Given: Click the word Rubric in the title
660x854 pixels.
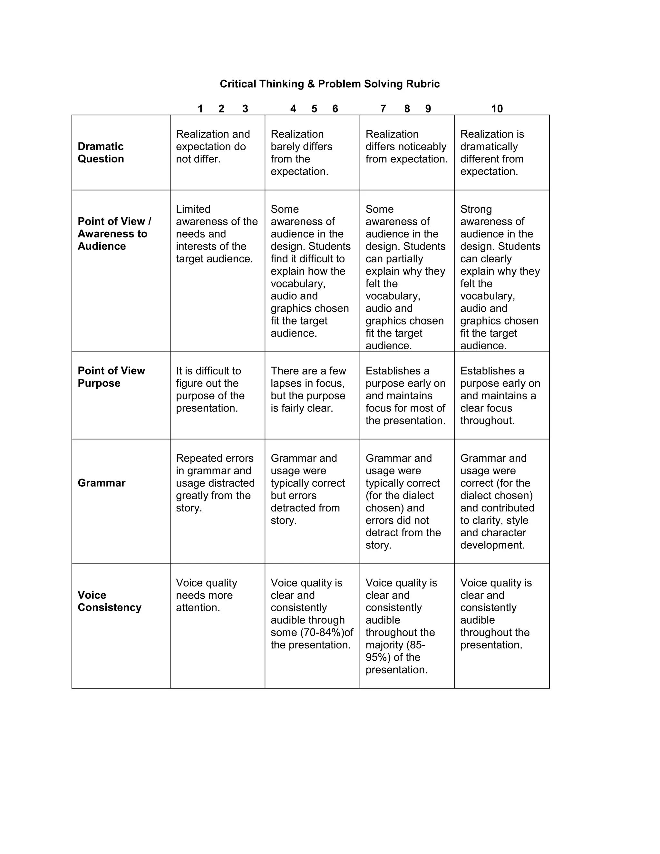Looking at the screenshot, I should pos(423,84).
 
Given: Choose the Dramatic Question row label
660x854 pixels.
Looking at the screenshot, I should pos(101,152).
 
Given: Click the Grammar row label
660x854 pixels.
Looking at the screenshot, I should pos(101,483).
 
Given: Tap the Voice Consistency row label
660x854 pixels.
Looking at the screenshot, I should pos(109,601).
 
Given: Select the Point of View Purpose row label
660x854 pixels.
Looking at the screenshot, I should pos(111,377).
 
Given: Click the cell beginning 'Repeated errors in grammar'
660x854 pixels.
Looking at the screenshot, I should pos(215,483).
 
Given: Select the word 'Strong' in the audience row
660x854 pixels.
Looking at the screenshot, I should pos(476,209).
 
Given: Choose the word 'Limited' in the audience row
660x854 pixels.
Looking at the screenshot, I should pos(193,209).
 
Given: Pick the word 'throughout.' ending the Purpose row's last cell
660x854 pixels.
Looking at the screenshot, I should pos(487,421).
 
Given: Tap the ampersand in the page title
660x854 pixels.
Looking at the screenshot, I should pos(311,84).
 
